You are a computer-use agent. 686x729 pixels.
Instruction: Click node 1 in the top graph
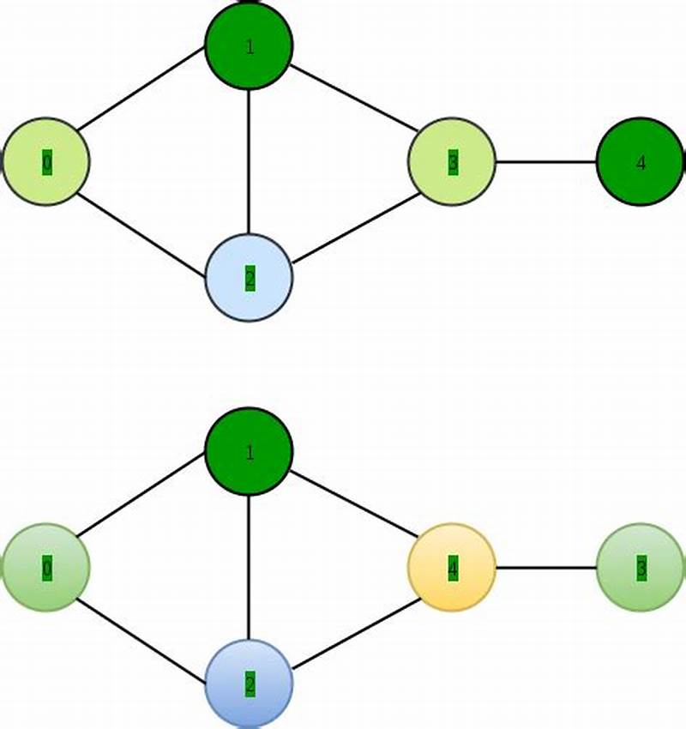coord(249,45)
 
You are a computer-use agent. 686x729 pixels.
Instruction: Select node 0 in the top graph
coord(46,161)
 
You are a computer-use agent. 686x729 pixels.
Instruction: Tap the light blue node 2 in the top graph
coord(249,277)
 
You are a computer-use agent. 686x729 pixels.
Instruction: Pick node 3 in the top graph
coord(451,161)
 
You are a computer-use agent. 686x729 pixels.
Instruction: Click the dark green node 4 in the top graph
coord(640,161)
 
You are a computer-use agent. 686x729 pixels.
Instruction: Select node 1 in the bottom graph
coord(249,451)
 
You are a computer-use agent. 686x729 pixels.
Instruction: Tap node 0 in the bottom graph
coord(46,567)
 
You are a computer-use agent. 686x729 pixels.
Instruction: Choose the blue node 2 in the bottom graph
coord(249,683)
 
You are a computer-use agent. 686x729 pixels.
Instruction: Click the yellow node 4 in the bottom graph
coord(451,567)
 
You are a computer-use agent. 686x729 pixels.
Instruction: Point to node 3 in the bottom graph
coord(640,567)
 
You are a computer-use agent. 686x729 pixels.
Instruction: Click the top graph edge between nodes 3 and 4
coord(545,161)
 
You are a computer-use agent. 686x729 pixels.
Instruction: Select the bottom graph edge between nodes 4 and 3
coord(545,567)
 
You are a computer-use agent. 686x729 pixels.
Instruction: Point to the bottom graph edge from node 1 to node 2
coord(249,567)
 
